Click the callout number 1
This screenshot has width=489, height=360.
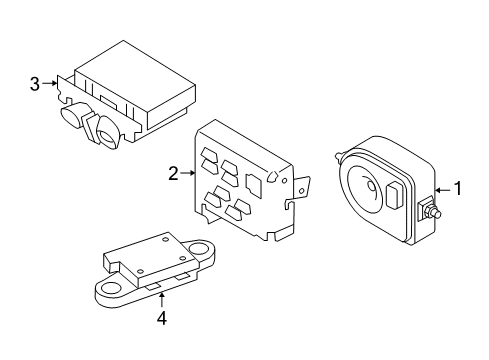click(458, 187)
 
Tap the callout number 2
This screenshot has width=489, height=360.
click(173, 174)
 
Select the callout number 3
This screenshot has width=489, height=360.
click(36, 84)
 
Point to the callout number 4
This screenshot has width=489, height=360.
click(161, 319)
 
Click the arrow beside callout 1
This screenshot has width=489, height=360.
click(443, 187)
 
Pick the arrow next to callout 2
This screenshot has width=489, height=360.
click(188, 174)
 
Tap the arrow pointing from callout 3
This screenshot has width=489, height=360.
click(50, 84)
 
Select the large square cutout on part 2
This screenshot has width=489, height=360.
click(255, 184)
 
